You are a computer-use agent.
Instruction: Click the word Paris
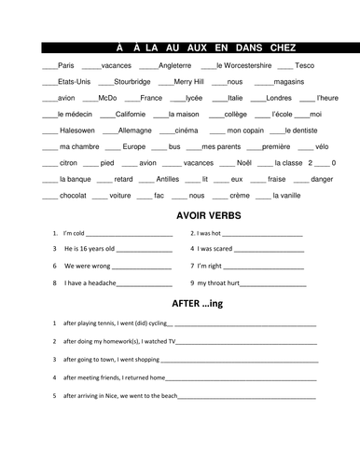pyautogui.click(x=65, y=65)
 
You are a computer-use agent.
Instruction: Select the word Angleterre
pyautogui.click(x=173, y=65)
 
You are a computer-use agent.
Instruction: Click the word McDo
pyautogui.click(x=107, y=97)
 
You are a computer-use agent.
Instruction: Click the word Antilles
pyautogui.click(x=168, y=179)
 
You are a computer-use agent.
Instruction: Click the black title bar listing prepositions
pyautogui.click(x=180, y=46)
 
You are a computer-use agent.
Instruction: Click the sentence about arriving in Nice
pyautogui.click(x=119, y=395)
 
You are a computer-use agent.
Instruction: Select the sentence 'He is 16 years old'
pyautogui.click(x=90, y=249)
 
